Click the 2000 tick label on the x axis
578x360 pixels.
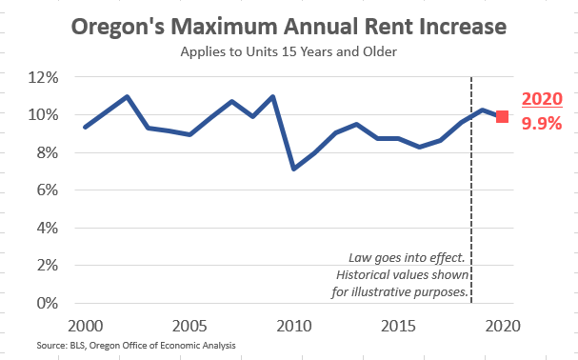click(x=87, y=325)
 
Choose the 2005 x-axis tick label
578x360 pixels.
click(x=190, y=325)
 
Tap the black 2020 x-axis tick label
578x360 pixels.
click(x=502, y=325)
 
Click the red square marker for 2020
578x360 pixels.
click(x=502, y=116)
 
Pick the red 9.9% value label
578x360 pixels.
click(x=542, y=123)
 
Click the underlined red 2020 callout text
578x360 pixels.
click(x=542, y=100)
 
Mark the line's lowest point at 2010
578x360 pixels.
click(x=294, y=169)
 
